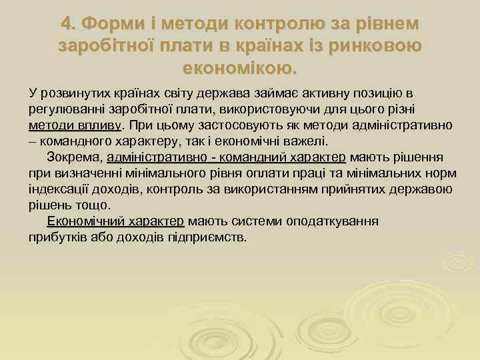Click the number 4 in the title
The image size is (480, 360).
67,24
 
